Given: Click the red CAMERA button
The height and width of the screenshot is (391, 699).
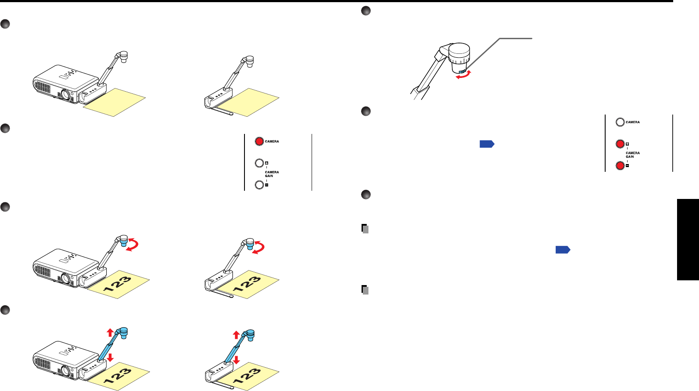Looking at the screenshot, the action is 259,141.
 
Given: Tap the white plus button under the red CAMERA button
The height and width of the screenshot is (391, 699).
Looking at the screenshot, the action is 259,163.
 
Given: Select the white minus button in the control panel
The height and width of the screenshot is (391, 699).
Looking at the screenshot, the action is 259,185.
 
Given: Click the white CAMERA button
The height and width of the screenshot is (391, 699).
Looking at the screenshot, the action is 620,122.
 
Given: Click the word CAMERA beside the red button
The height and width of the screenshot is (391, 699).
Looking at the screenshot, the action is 272,141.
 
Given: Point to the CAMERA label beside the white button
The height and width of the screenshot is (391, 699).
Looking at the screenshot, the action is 633,122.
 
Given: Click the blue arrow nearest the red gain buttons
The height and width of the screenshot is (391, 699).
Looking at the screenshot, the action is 486,144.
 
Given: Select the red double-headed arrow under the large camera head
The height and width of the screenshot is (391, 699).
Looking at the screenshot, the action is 464,75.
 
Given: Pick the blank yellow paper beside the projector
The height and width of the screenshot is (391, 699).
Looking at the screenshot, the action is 114,102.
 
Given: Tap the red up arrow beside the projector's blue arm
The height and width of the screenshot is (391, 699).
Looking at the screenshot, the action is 110,332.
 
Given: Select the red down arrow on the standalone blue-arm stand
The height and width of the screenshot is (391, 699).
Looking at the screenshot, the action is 236,360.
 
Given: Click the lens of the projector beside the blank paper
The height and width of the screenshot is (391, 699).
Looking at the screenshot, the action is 65,95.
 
